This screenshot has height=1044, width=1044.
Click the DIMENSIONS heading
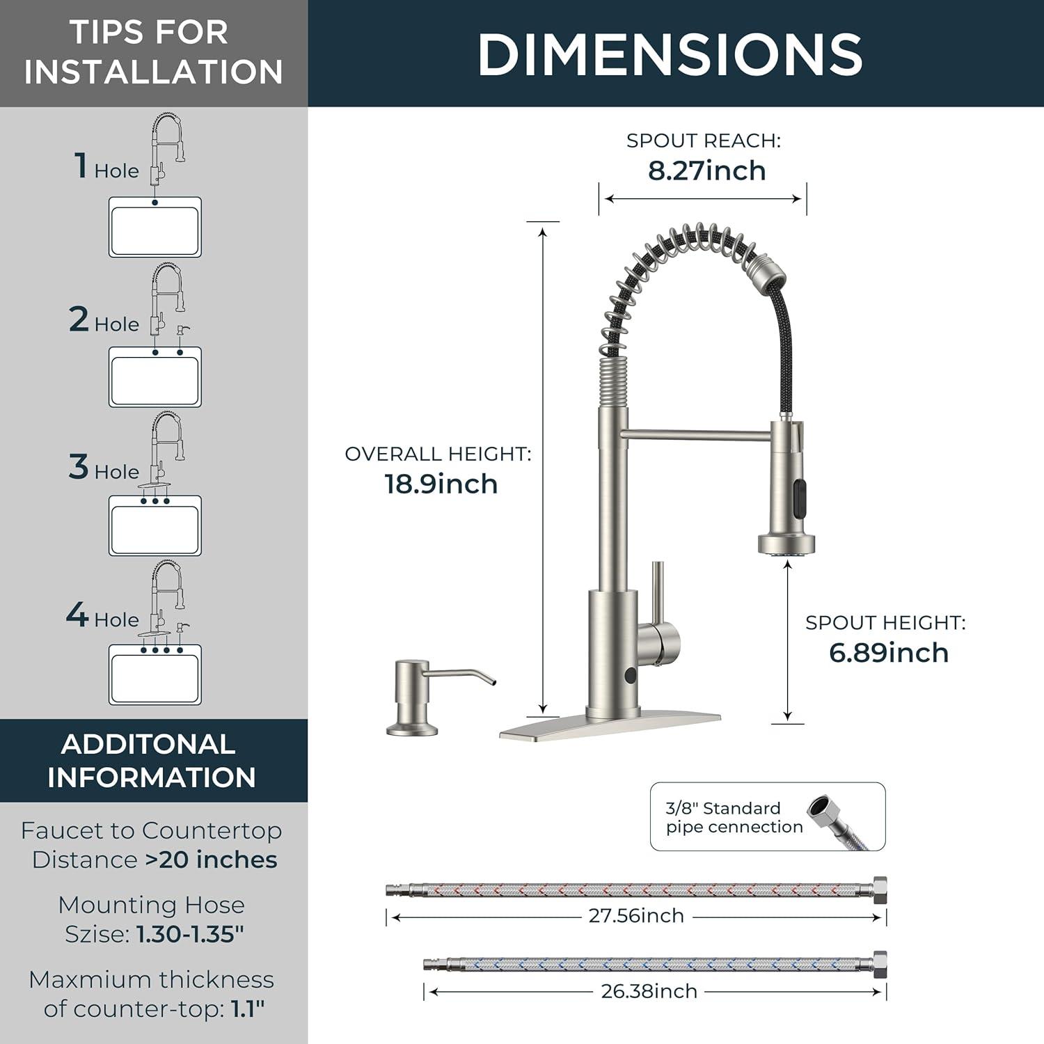pyautogui.click(x=670, y=54)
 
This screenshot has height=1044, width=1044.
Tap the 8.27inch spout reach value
pyautogui.click(x=707, y=171)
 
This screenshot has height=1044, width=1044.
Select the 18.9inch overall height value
pyautogui.click(x=441, y=484)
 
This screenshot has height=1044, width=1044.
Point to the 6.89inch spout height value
pyautogui.click(x=889, y=653)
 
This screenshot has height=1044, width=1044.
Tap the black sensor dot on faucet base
pyautogui.click(x=629, y=674)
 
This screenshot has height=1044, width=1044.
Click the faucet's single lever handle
pyautogui.click(x=659, y=619)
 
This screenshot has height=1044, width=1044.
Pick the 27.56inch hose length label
pyautogui.click(x=636, y=916)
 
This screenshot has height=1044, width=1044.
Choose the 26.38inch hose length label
pyautogui.click(x=649, y=991)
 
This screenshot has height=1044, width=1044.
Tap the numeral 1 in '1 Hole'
pyautogui.click(x=81, y=166)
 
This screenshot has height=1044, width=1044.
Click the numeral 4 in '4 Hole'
pyautogui.click(x=77, y=615)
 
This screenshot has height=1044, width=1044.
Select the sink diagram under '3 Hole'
pyautogui.click(x=155, y=525)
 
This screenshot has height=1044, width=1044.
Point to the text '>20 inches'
pyautogui.click(x=211, y=860)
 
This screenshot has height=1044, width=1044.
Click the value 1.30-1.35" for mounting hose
pyautogui.click(x=190, y=934)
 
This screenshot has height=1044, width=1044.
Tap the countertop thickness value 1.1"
pyautogui.click(x=248, y=1009)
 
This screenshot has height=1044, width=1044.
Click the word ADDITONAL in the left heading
pyautogui.click(x=148, y=745)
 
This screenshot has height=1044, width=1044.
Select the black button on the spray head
pyautogui.click(x=798, y=494)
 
